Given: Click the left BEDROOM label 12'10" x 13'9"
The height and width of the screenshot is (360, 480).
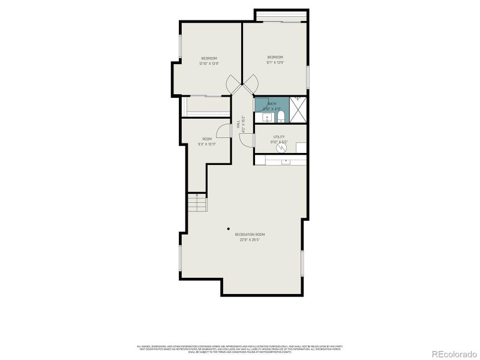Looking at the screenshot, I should [208, 61].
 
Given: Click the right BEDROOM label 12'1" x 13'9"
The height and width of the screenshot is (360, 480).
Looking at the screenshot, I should [275, 59].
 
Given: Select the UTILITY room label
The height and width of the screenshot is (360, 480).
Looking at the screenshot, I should [279, 139].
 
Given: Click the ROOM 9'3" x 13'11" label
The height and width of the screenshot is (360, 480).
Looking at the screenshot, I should [207, 142].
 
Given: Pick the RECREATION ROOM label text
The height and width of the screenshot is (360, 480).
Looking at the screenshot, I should [250, 236].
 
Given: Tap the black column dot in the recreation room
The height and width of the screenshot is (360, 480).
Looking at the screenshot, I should [228, 228].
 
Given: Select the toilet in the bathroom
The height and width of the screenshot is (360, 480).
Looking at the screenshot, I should [280, 116].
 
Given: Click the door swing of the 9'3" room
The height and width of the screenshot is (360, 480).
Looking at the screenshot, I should [223, 130].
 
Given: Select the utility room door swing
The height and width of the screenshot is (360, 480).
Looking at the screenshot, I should [247, 139].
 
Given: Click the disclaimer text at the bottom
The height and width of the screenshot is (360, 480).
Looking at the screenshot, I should [240, 348].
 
